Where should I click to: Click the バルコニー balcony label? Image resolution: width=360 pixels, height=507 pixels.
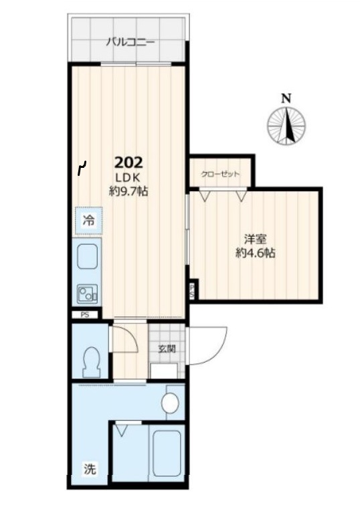[130, 42]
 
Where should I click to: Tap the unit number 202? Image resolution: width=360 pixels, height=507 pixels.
[128, 163]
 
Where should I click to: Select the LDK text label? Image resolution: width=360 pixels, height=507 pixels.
[127, 177]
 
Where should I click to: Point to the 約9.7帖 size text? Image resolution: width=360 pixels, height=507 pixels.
[128, 191]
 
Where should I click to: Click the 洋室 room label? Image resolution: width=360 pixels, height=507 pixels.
[255, 239]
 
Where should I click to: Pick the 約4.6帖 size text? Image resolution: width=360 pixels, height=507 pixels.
[255, 254]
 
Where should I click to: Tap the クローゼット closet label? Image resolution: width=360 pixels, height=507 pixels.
[220, 174]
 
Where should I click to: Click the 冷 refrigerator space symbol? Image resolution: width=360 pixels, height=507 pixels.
[88, 221]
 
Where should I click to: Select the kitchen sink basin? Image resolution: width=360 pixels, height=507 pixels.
[87, 256]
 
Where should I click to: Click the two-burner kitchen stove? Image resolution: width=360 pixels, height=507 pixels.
[88, 294]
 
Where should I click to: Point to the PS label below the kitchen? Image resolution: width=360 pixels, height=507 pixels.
[85, 314]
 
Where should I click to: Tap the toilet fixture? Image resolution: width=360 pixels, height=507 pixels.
[91, 362]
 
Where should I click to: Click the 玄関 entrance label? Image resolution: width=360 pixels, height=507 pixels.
[167, 348]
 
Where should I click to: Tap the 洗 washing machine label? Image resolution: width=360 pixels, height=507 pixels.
[90, 468]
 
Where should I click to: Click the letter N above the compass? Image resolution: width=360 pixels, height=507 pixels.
[286, 98]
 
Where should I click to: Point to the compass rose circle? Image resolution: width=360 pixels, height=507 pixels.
[286, 126]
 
